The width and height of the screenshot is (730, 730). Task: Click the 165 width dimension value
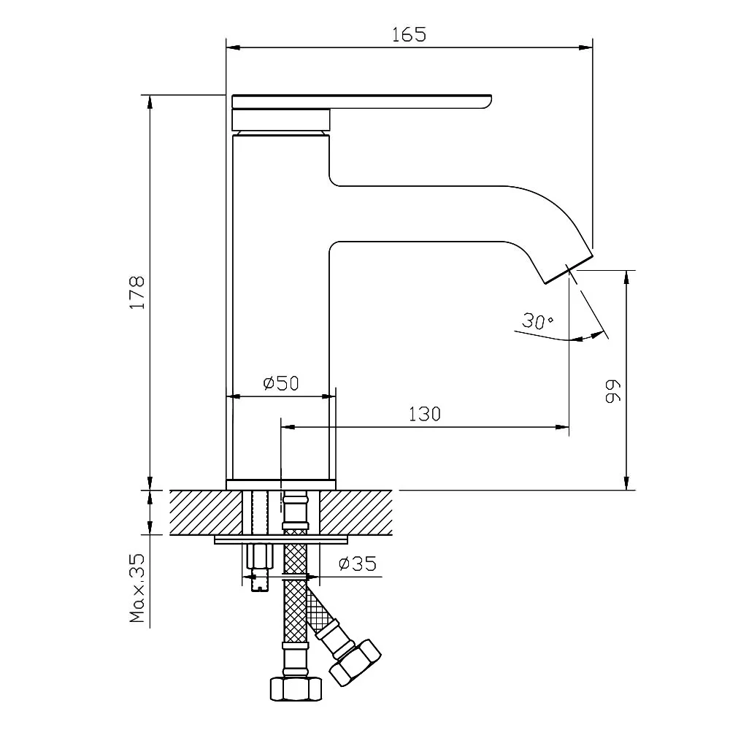pos(408,34)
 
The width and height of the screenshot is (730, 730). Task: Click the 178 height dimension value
pos(138,293)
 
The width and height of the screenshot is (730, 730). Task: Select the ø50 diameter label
pos(281,383)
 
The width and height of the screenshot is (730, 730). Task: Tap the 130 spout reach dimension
pos(424,414)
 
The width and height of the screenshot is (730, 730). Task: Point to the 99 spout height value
pos(613,391)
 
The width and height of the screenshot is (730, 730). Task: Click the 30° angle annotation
pos(538,320)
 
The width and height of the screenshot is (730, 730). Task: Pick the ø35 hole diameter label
pos(358,564)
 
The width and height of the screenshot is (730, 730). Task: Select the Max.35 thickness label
pos(138,588)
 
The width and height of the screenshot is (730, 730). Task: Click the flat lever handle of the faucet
pos(361,101)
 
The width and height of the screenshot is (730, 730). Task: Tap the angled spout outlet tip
pos(569,269)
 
